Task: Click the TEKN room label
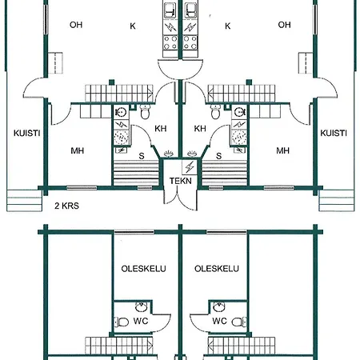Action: click(181, 181)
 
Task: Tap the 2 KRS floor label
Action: click(66, 206)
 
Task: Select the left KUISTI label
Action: click(27, 133)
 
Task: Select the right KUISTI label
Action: click(334, 133)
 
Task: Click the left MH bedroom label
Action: click(78, 150)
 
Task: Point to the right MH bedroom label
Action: click(282, 150)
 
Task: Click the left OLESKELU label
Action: click(143, 269)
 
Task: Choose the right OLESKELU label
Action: click(217, 269)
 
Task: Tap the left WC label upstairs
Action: click(141, 321)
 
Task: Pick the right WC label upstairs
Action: click(219, 321)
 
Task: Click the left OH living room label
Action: click(76, 25)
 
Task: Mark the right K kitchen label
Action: click(227, 26)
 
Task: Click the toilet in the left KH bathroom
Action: click(146, 112)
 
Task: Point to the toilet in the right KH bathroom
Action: click(216, 112)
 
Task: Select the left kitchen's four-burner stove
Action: click(170, 42)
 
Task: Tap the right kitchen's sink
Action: click(190, 10)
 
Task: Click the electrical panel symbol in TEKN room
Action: click(190, 167)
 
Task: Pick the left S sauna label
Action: click(142, 156)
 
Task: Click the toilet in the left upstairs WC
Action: click(122, 322)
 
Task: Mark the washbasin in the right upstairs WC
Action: click(219, 307)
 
